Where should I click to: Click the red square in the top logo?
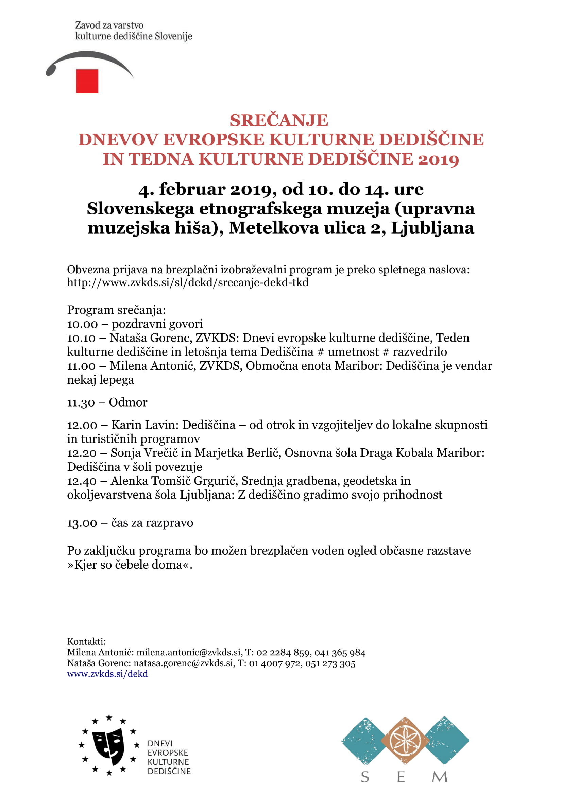(x=87, y=81)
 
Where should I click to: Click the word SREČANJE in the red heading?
(x=279, y=121)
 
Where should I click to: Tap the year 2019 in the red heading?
(x=438, y=160)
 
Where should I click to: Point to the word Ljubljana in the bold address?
(x=432, y=228)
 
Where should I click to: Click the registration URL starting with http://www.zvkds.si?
(x=188, y=282)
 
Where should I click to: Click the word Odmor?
(x=128, y=402)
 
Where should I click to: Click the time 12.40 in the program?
(x=82, y=481)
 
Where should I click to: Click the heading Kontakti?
(x=86, y=642)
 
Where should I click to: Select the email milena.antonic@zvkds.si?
(x=189, y=653)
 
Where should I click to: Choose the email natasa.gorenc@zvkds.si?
(x=183, y=663)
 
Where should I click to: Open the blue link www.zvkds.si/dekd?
(x=107, y=674)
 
